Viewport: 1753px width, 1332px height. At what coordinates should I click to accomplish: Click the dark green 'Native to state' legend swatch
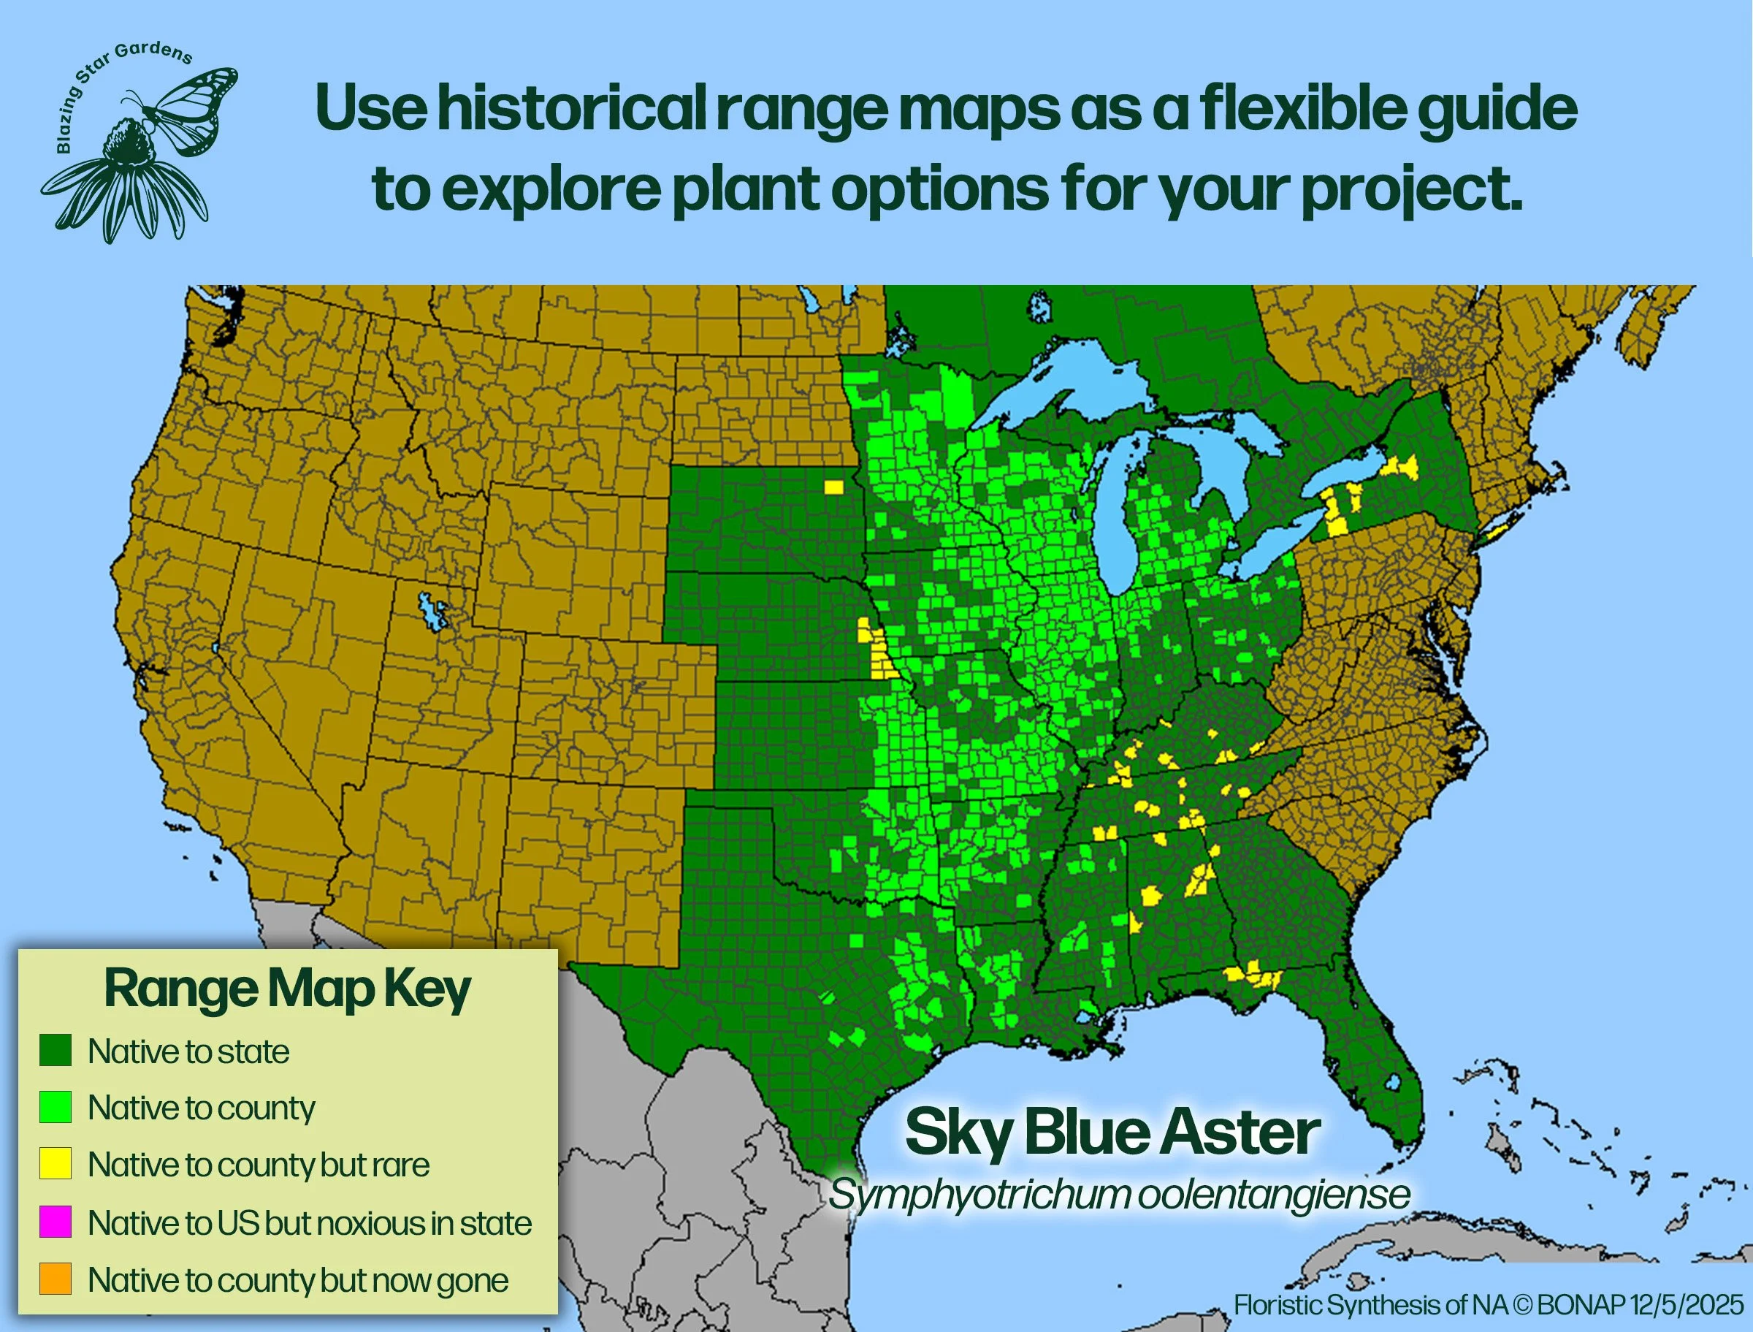[x=56, y=1051]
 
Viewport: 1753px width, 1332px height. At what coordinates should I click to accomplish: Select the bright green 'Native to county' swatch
[x=56, y=1107]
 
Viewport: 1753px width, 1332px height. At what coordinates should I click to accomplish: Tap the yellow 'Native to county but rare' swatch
[x=56, y=1164]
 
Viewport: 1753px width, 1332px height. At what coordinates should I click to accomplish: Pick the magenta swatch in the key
[x=56, y=1222]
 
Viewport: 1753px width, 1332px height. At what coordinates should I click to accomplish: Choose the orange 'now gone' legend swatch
[x=56, y=1279]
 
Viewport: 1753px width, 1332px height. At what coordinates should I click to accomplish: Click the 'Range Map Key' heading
[x=288, y=989]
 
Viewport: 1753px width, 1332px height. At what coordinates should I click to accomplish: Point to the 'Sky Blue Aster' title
[x=1112, y=1133]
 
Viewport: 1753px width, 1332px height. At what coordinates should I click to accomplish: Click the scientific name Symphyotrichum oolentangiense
[x=1119, y=1194]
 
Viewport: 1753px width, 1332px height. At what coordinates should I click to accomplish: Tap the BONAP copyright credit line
[x=1489, y=1304]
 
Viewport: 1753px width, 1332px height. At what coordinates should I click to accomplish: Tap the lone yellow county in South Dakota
[x=833, y=485]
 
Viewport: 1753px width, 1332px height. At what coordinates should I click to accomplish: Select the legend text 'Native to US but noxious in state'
[x=309, y=1222]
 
